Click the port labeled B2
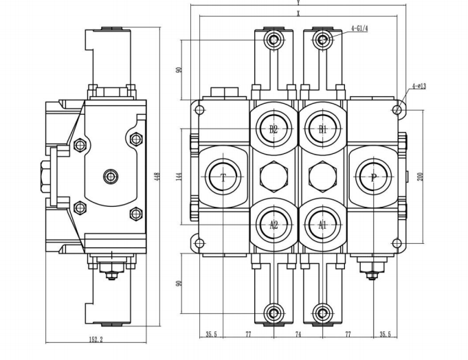click(x=274, y=128)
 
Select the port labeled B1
click(x=322, y=128)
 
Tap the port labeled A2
click(x=274, y=224)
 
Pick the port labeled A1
click(x=322, y=224)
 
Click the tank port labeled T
click(x=223, y=177)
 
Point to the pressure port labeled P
click(x=373, y=177)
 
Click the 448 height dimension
click(x=157, y=177)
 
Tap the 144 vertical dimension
click(x=179, y=176)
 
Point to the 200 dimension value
click(x=421, y=176)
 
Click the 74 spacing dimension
click(x=298, y=335)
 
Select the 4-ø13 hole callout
click(x=419, y=86)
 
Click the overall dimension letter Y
click(x=298, y=4)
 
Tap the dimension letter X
click(x=298, y=13)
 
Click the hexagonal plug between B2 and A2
click(x=274, y=177)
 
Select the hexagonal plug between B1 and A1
click(x=322, y=177)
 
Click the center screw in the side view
click(x=111, y=177)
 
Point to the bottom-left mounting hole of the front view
click(x=201, y=243)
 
